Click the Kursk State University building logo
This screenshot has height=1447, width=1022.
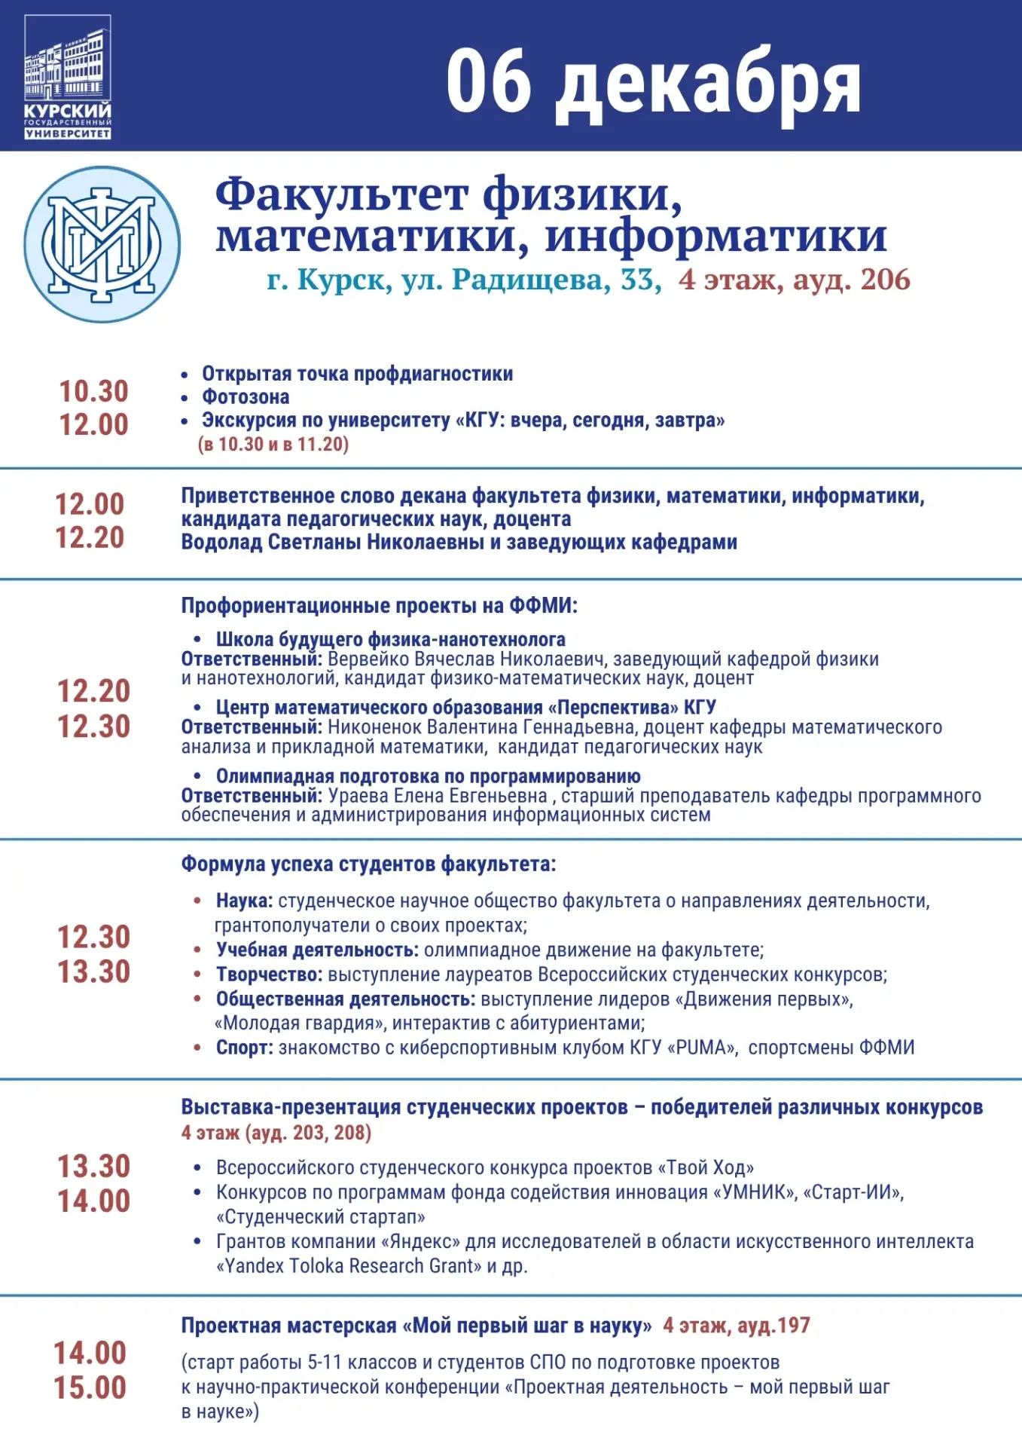point(68,77)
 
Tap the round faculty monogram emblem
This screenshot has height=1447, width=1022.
point(102,244)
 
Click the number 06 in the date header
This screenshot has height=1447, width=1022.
point(488,81)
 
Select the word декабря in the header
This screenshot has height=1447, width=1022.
point(708,84)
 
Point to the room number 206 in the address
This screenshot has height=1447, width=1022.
point(885,280)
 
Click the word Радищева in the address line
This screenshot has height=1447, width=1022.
point(531,280)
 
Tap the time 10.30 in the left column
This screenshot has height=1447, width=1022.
point(94,391)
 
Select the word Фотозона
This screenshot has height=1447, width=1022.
point(246,397)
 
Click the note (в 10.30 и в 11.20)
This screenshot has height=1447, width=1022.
point(273,444)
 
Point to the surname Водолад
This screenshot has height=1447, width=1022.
point(221,542)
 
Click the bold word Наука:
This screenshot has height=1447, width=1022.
point(244,901)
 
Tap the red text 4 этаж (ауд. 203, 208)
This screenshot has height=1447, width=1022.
point(276,1133)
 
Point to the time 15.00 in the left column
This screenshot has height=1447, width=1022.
point(90,1388)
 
